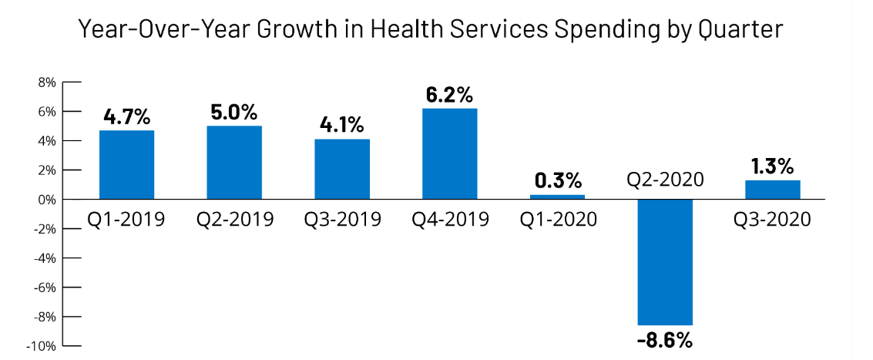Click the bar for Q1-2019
126,165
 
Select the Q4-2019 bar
450,154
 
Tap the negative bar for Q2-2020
666,262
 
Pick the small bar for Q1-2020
558,197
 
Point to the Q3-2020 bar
773,190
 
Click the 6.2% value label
450,96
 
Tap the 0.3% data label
558,181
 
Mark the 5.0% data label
234,113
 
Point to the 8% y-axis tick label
45,82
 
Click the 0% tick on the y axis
45,200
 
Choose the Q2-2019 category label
234,220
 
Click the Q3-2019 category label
342,220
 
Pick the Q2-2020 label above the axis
666,180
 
